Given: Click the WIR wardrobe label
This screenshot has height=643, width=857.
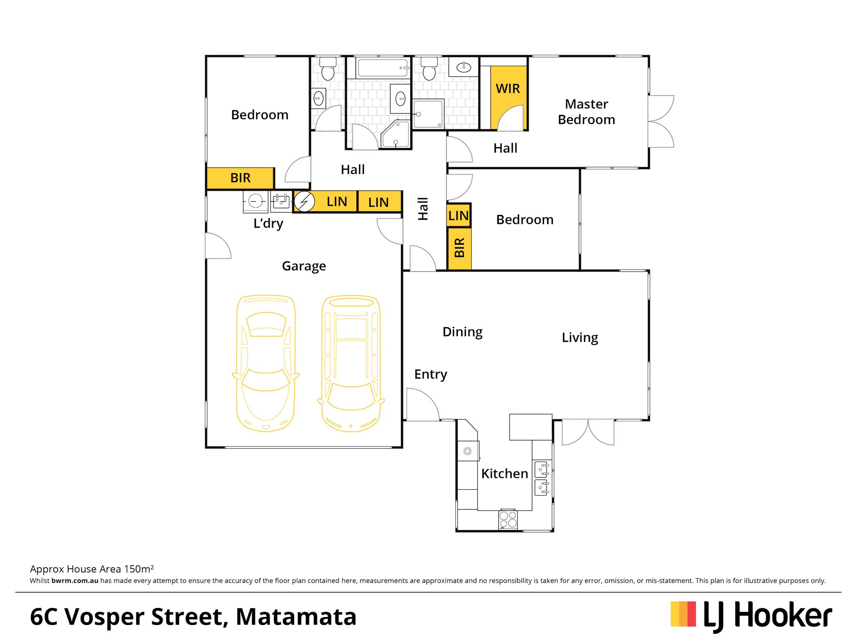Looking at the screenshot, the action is tap(508, 89).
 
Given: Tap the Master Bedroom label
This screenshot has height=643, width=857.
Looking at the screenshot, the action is tap(586, 112).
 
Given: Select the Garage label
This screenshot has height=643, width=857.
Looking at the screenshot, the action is tap(304, 266).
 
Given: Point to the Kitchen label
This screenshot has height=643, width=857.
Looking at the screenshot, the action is tap(504, 474).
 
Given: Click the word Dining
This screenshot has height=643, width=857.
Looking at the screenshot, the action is tap(462, 332).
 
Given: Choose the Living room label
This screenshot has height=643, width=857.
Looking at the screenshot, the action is tap(580, 338).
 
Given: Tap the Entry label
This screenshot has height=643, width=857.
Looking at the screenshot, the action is tap(431, 375).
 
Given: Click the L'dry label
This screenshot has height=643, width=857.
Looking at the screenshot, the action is tap(268, 224).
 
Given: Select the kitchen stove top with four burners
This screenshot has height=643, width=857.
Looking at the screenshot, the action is tap(508, 520).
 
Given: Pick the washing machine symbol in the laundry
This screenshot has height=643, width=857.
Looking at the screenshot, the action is tap(255, 202).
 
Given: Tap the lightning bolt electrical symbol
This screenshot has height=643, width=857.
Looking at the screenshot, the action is tap(304, 202).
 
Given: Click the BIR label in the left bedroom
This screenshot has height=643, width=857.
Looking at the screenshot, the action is tap(240, 178).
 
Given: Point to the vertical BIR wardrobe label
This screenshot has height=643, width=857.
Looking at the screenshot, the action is tap(460, 248).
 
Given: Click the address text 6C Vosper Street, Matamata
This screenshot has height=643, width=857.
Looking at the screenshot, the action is tap(193, 617).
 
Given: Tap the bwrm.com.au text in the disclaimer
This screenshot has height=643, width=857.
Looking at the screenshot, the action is tap(75, 581).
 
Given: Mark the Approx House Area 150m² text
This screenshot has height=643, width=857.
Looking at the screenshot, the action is tap(92, 569).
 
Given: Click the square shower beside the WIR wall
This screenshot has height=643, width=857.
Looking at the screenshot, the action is tap(428, 114).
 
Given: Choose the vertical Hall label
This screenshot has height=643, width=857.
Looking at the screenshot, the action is tap(423, 209).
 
